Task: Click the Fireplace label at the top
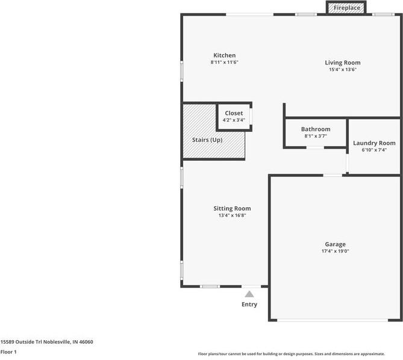(x=347, y=8)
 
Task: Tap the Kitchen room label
(x=224, y=55)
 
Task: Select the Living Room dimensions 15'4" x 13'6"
(x=343, y=69)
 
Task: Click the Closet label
(x=234, y=113)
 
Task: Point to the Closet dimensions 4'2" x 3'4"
(x=234, y=120)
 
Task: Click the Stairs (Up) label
(x=207, y=140)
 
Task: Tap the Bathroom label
(x=316, y=129)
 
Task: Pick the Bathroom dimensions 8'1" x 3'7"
(x=316, y=136)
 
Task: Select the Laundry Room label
(x=374, y=143)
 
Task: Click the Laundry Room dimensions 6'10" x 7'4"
(x=374, y=150)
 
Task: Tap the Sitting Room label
(x=232, y=208)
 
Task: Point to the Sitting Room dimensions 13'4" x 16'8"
(x=232, y=216)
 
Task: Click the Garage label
(x=335, y=244)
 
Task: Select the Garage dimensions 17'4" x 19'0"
(x=335, y=251)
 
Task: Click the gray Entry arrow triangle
(x=249, y=294)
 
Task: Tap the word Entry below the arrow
(x=249, y=304)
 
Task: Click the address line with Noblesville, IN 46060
(x=47, y=342)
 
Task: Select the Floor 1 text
(x=8, y=352)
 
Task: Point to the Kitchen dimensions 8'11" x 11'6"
(x=224, y=62)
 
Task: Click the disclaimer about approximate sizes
(x=292, y=354)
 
